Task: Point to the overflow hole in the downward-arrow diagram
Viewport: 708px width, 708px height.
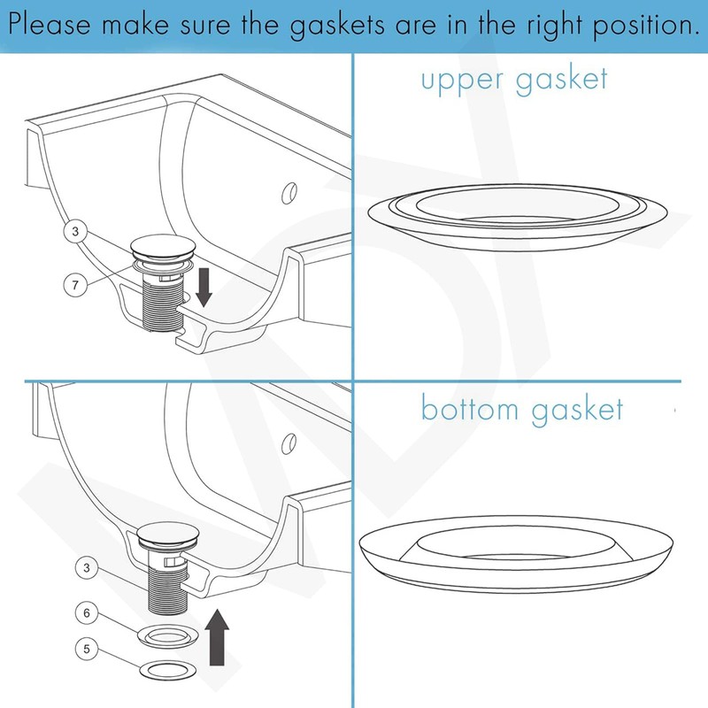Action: [287, 192]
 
